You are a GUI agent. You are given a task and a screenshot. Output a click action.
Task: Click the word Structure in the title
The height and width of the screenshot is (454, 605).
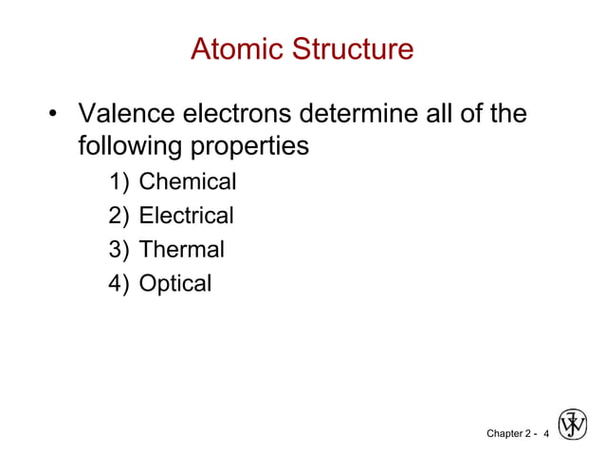(x=353, y=48)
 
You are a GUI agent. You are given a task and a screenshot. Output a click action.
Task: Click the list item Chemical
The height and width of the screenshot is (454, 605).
(x=188, y=181)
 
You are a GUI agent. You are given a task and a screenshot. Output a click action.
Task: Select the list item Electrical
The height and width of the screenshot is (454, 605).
(x=186, y=216)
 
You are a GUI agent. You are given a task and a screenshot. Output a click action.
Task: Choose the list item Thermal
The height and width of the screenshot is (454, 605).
(x=182, y=250)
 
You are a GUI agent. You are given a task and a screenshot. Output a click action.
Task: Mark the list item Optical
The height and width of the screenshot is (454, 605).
(x=175, y=284)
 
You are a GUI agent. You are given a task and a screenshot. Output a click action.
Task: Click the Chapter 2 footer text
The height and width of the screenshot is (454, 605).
(x=509, y=433)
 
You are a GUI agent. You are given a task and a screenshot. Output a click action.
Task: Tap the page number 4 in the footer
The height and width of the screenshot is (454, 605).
(x=546, y=433)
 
